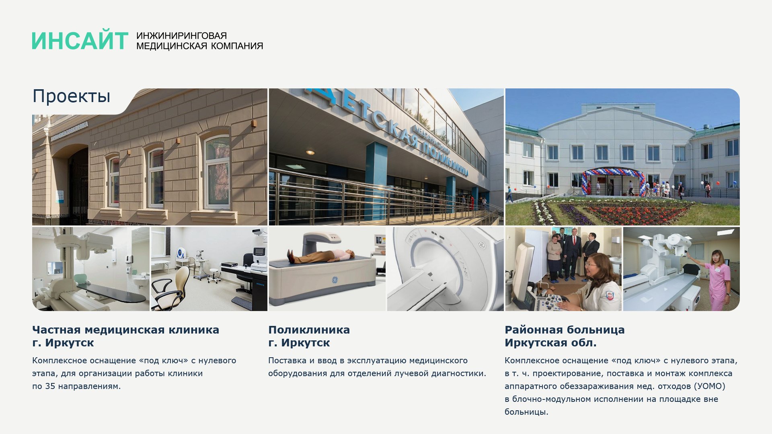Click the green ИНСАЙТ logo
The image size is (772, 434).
point(80,41)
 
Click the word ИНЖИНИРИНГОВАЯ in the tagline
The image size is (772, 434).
point(182,36)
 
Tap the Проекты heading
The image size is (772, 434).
point(71,96)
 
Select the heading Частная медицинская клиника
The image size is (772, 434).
point(126,330)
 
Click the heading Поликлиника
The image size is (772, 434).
point(309,330)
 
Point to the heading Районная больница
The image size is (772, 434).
point(565,330)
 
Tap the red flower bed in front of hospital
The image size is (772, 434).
point(639,213)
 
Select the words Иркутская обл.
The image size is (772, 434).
point(550,343)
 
